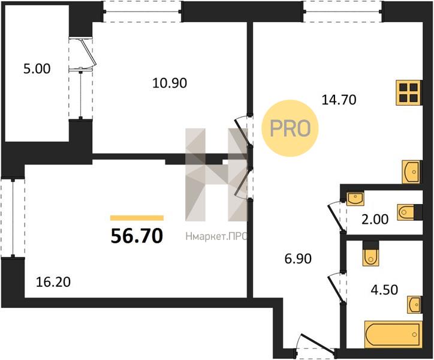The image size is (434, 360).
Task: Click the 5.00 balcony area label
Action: (37, 69)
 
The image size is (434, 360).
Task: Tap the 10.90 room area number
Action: (170, 83)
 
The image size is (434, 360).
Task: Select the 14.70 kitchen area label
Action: (339, 100)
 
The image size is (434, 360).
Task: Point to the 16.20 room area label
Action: (53, 282)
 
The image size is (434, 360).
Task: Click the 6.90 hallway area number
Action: (298, 259)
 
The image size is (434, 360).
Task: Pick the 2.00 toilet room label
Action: (375, 220)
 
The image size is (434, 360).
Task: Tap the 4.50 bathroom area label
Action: (384, 290)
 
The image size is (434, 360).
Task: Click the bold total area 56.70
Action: (137, 236)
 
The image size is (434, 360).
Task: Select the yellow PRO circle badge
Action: (290, 128)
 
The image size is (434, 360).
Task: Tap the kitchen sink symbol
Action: (411, 172)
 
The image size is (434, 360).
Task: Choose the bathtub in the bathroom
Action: (393, 335)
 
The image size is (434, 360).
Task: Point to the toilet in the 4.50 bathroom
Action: (370, 254)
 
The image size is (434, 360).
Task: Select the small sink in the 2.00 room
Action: (355, 199)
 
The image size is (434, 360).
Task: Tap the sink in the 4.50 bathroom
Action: (414, 305)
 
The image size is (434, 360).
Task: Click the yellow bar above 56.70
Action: (137, 218)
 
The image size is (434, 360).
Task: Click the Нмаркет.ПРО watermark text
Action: (216, 236)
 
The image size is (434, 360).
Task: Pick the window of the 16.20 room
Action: (13, 218)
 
